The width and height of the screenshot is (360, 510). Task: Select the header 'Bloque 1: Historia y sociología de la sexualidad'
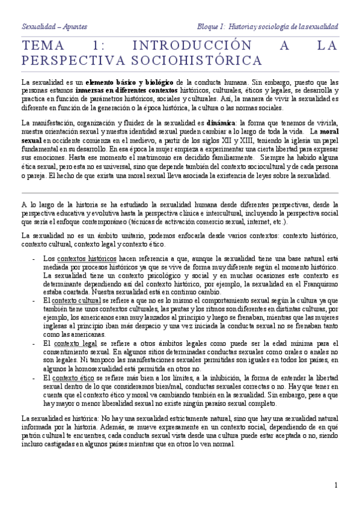coord(267,26)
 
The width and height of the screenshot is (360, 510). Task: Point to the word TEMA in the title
coord(43,46)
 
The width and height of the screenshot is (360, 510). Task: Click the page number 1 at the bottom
coord(336,485)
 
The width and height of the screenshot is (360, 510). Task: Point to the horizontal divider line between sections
coord(180,192)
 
